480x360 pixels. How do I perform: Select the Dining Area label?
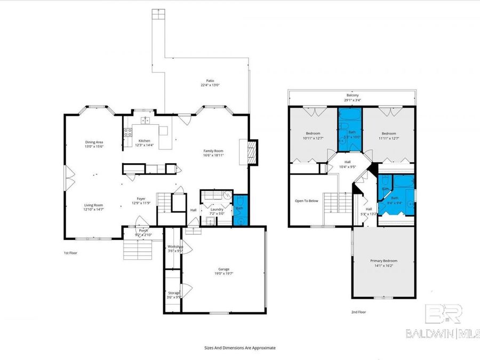pos(93,142)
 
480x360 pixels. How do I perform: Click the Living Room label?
pos(93,205)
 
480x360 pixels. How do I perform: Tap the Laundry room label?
pos(217,210)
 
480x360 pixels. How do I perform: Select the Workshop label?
pos(175,246)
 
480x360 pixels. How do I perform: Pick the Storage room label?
pos(174,293)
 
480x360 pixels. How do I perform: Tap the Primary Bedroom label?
pos(383,261)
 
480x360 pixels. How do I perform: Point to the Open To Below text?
pos(306,201)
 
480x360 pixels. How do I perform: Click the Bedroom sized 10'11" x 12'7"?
pos(313,133)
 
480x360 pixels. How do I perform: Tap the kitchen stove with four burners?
pos(128,132)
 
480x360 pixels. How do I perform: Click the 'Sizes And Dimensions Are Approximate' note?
pos(240,347)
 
